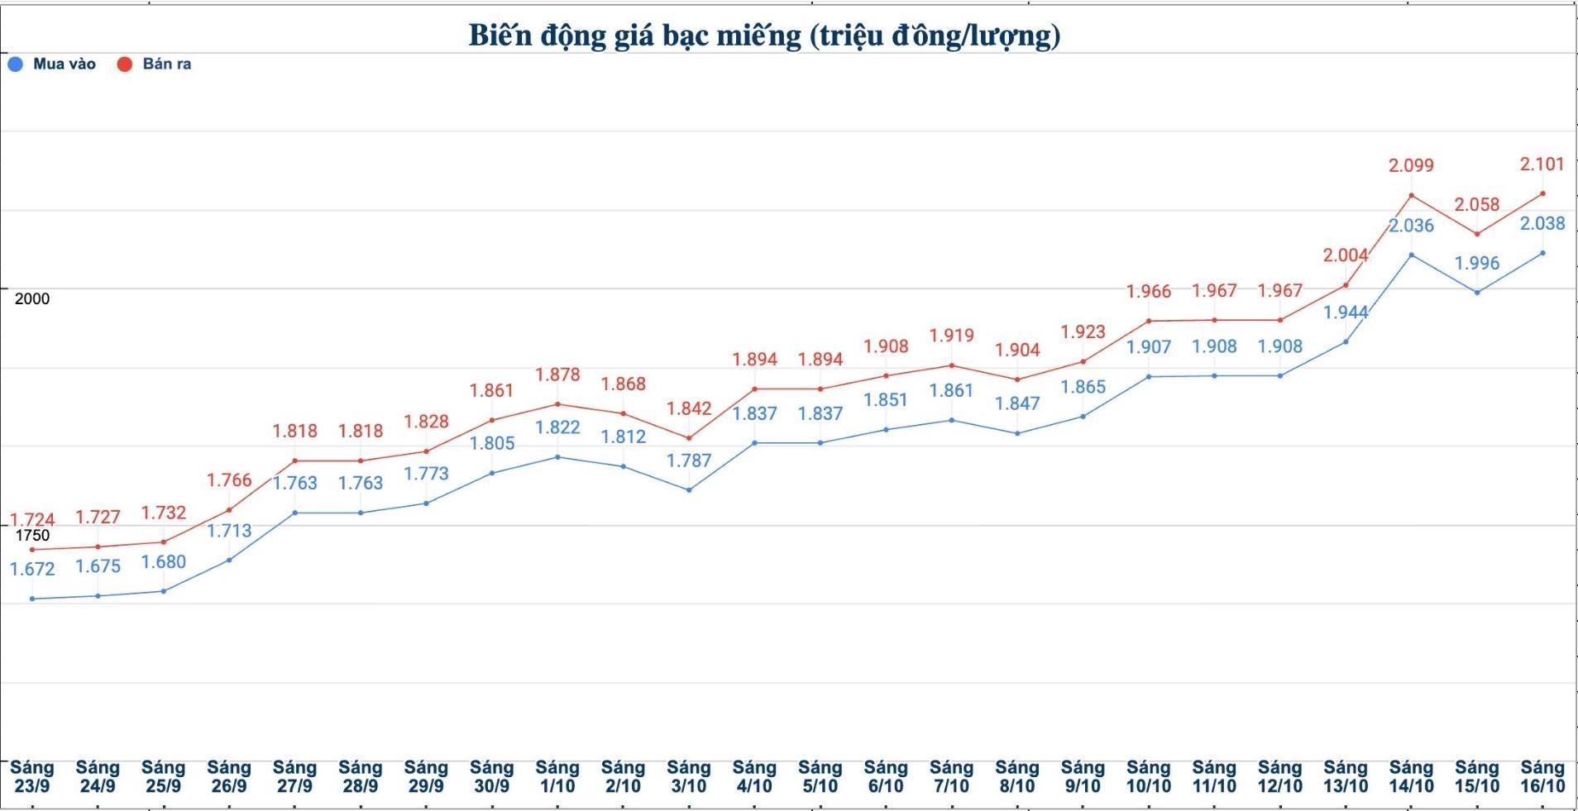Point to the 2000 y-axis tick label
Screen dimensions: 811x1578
[x=32, y=299]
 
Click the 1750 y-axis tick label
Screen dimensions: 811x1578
[x=32, y=536]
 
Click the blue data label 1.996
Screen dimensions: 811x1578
[x=1477, y=264]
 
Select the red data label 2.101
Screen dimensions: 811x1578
[x=1542, y=165]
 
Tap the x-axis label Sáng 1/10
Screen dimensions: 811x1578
[x=557, y=777]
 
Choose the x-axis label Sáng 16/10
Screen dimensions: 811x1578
[x=1542, y=777]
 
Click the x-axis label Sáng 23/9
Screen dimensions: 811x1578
[x=32, y=777]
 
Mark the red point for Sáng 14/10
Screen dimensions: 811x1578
[x=1411, y=196]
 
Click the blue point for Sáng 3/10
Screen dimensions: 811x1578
[x=689, y=490]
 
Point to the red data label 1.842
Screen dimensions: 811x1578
[x=689, y=409]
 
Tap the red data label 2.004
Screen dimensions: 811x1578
[x=1346, y=255]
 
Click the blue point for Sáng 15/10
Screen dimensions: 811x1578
[x=1477, y=293]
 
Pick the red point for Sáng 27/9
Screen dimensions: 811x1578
[x=295, y=461]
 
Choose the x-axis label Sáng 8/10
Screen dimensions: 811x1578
[x=1017, y=777]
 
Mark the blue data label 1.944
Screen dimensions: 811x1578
[x=1346, y=312]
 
